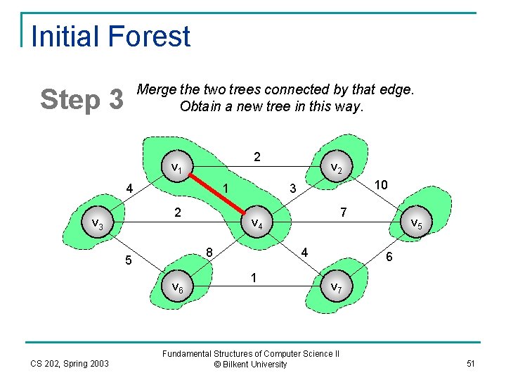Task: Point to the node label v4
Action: (x=257, y=224)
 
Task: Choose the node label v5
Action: (x=416, y=224)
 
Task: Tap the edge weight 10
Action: (x=382, y=184)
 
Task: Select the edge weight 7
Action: (x=342, y=212)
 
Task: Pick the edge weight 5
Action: (x=128, y=261)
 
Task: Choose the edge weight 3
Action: (x=293, y=189)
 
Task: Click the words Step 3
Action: (x=82, y=100)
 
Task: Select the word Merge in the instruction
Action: (x=156, y=90)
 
